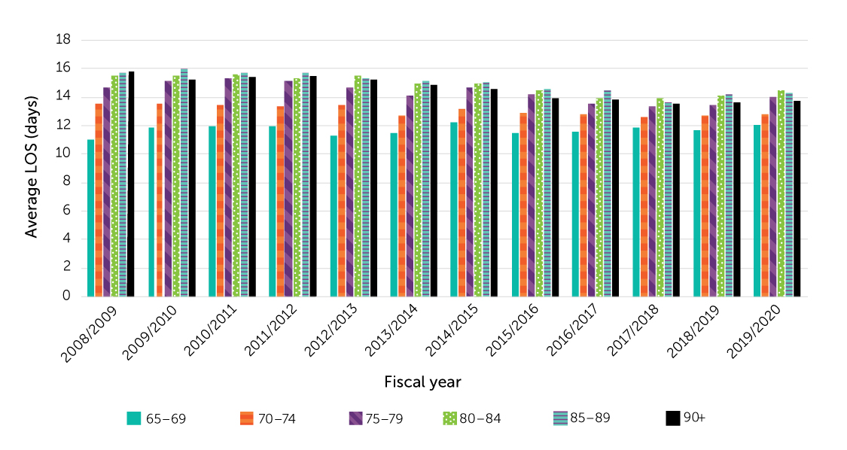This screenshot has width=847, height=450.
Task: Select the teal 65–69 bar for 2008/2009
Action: [x=91, y=218]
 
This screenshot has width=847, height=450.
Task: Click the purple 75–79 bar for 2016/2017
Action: [x=591, y=200]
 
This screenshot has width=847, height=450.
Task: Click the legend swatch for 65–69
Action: [x=134, y=418]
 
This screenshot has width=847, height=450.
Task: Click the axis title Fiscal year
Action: [x=422, y=382]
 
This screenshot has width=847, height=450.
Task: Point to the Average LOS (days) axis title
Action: [x=31, y=168]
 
